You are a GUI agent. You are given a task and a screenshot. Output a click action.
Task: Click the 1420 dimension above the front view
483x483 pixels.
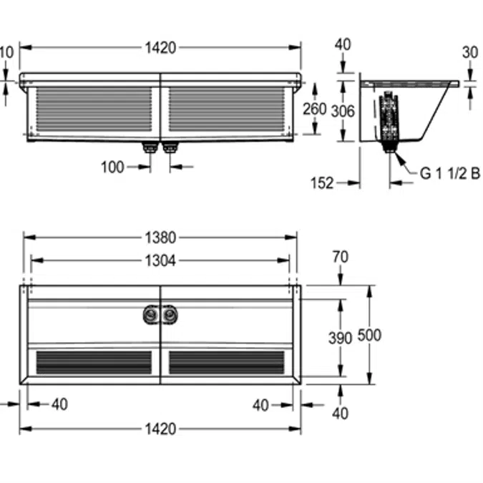click(160, 48)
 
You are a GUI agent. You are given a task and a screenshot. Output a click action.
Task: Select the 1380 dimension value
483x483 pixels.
click(160, 238)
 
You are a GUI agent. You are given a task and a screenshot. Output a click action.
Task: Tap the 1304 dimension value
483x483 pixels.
click(160, 260)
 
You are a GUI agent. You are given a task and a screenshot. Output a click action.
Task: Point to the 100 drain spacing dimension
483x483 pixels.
click(112, 167)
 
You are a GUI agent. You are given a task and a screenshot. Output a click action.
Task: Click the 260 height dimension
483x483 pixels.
click(314, 109)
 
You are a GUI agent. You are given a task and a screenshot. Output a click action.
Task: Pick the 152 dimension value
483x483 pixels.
click(323, 183)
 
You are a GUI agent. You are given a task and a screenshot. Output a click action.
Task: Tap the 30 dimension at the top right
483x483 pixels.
click(469, 52)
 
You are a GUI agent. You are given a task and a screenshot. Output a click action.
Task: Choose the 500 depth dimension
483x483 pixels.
click(371, 335)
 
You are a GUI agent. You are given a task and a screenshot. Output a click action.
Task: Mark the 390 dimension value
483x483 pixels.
click(341, 337)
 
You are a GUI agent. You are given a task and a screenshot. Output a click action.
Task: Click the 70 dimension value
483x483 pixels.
click(341, 256)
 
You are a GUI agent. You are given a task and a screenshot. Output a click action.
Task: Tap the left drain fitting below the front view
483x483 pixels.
click(150, 148)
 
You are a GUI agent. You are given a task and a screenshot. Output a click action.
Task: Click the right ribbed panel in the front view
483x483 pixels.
click(226, 109)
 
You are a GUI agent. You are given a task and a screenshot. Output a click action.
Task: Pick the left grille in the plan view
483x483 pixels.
click(94, 362)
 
